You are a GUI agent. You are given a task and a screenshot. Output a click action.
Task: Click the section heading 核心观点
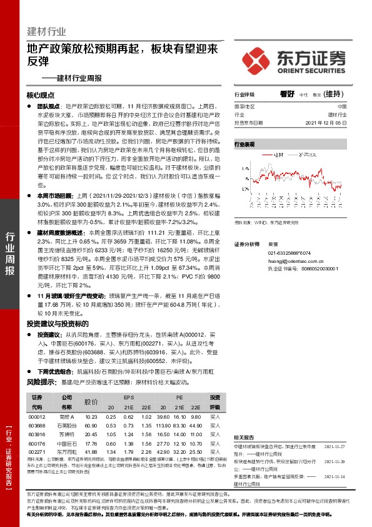click(x=41, y=96)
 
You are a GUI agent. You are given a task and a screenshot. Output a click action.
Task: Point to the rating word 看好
click(x=287, y=95)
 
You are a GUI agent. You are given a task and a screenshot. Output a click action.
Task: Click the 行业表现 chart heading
click(x=244, y=144)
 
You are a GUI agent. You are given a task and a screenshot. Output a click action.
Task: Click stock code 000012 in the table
click(x=37, y=417)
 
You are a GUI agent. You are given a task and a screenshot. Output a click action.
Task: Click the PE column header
click(x=179, y=398)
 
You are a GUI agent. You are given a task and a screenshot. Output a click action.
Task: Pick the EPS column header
click(x=129, y=398)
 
